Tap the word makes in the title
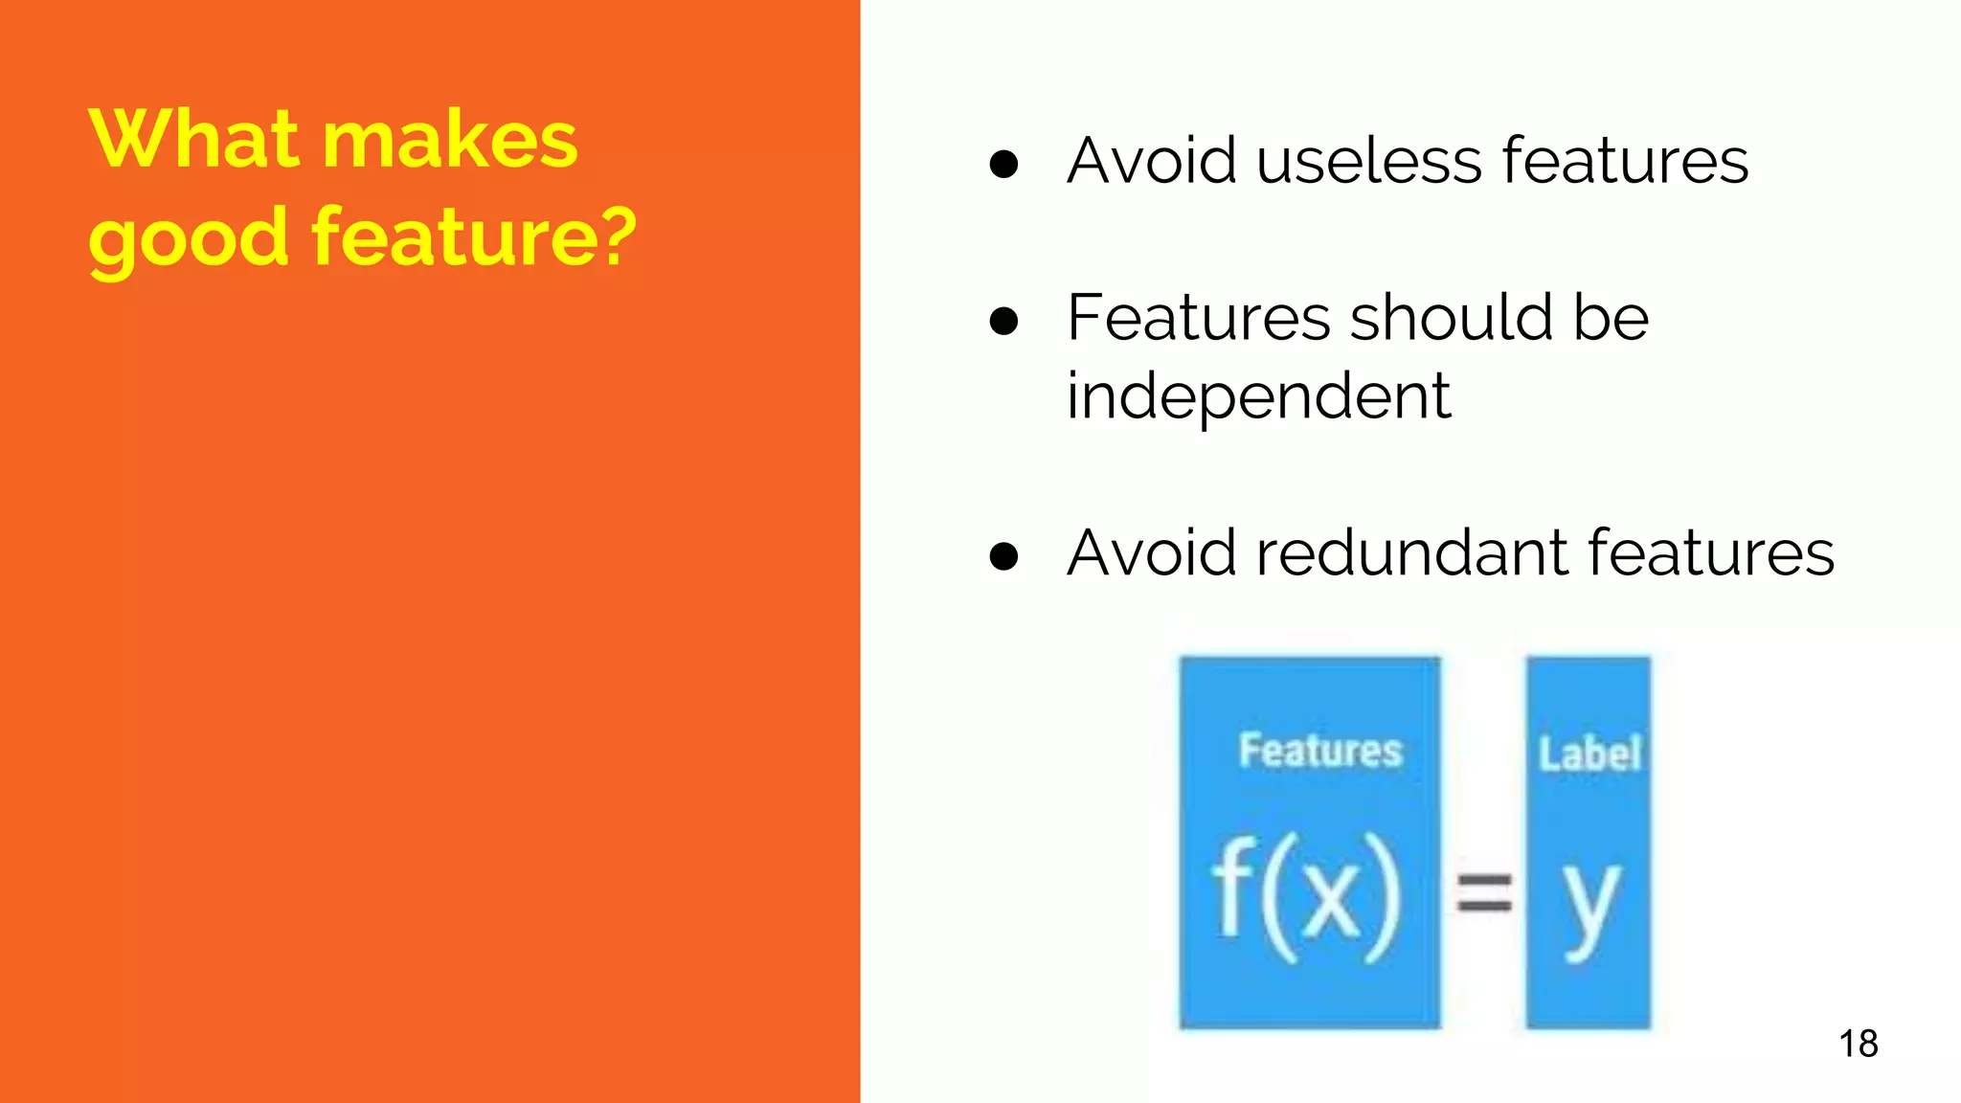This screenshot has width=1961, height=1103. coord(450,140)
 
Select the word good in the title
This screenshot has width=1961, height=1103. coord(188,239)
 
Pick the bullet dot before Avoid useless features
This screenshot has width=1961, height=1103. coord(1003,164)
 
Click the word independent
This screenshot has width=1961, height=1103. coord(1258,396)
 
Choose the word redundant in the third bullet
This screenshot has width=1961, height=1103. coord(1413,552)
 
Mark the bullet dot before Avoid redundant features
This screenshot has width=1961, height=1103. coord(1003,556)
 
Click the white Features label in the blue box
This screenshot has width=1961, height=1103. coord(1319,751)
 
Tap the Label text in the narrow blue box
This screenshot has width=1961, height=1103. coord(1589,754)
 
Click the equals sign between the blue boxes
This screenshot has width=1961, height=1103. coord(1484,893)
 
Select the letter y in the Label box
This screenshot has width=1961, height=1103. coord(1590,905)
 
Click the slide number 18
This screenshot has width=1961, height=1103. coord(1858,1044)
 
